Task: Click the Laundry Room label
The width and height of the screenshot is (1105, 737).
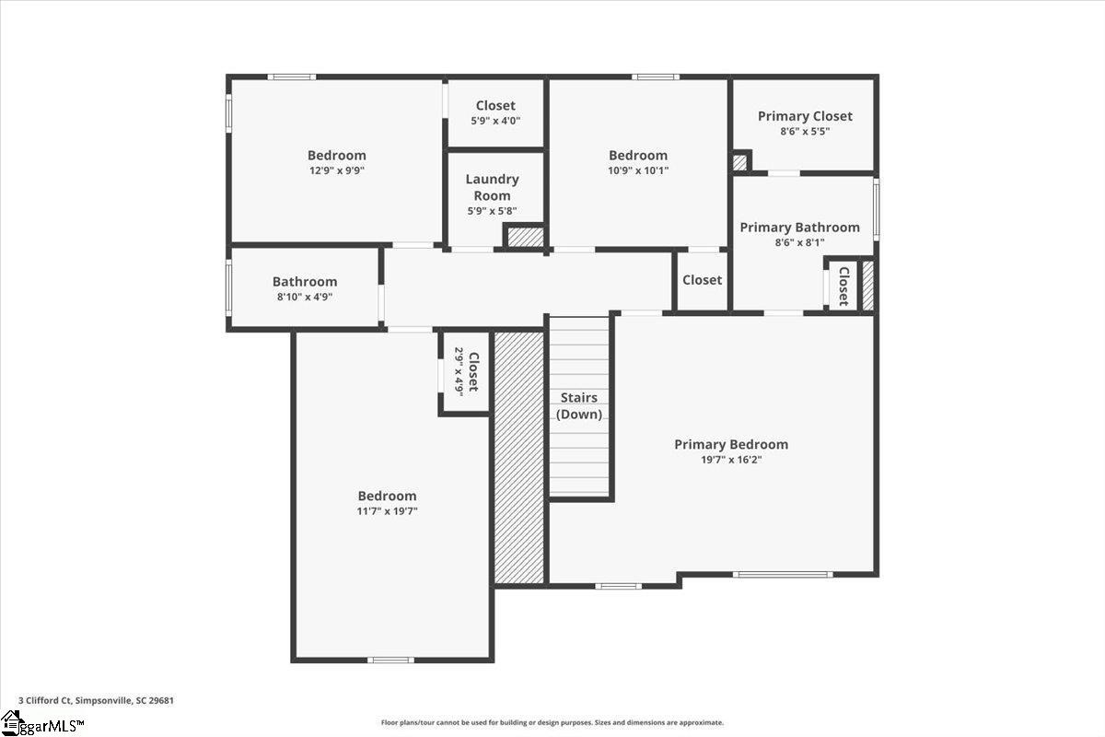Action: [x=492, y=187]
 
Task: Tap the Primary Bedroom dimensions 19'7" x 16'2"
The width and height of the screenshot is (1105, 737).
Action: [x=731, y=460]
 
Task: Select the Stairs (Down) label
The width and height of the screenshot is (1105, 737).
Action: [x=578, y=405]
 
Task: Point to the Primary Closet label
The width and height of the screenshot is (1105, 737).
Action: [x=805, y=116]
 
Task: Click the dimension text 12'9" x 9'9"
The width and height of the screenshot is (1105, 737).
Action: [x=337, y=170]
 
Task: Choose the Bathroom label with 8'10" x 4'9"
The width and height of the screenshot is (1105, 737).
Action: [x=305, y=281]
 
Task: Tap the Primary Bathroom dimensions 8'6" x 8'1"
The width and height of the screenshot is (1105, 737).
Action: [x=799, y=242]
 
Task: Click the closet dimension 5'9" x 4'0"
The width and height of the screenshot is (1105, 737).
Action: [x=495, y=121]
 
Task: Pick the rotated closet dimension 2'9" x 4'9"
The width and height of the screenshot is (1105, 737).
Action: [x=459, y=371]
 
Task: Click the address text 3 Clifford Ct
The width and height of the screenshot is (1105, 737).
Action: [x=45, y=700]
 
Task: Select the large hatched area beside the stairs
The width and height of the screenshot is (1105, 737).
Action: [x=519, y=457]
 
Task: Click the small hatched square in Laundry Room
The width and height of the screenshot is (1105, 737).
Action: [x=526, y=237]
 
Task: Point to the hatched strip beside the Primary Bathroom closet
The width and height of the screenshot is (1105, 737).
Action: [x=867, y=286]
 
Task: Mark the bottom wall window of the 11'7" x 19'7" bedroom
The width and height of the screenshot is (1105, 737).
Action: [x=390, y=660]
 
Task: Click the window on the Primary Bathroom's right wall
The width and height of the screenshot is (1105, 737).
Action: [x=876, y=209]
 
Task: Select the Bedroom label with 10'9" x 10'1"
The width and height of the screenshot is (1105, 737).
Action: [x=638, y=155]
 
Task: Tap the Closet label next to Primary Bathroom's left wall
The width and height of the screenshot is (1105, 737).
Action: [x=702, y=280]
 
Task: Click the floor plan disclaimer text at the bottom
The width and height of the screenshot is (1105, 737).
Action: [x=552, y=722]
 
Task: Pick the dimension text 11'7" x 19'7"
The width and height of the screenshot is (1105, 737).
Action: [x=388, y=511]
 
